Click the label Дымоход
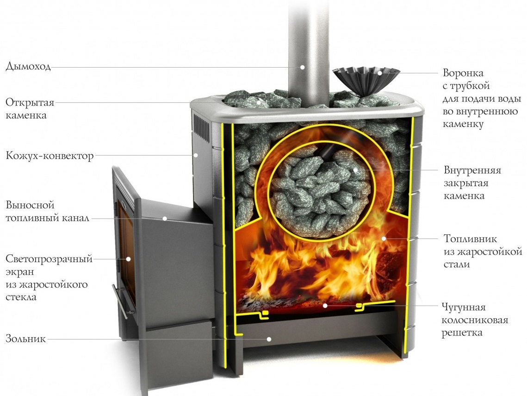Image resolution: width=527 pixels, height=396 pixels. pos(28,66)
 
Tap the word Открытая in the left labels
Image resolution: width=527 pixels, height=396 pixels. pos(30,102)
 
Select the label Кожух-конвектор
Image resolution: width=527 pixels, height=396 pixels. pos(50,156)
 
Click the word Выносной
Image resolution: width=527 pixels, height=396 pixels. pos(30,205)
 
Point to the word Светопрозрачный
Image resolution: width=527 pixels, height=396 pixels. pos(49,259)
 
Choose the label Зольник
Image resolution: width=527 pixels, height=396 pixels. pos(25,339)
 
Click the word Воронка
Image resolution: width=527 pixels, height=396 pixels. pos(463,73)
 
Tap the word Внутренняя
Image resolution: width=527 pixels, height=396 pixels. pos(472,170)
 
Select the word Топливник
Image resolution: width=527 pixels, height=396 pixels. pos(470,239)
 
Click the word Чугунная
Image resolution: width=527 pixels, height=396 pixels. pos(464,307)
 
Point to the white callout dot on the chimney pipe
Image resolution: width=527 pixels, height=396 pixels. pos(302,67)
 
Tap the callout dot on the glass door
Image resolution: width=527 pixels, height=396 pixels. pos(128,259)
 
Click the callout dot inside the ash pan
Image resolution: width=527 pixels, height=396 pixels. pos(269,339)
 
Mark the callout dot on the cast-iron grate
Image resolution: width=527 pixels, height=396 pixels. pos(325,306)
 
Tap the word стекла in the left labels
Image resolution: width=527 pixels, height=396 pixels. pos(21,297)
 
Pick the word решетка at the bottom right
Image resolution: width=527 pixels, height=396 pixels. pos(462,333)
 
